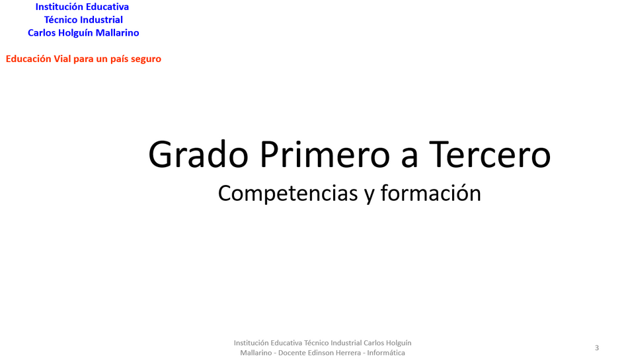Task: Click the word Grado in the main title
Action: pyautogui.click(x=198, y=155)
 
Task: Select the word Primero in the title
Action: pyautogui.click(x=325, y=154)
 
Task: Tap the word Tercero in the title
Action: pyautogui.click(x=490, y=154)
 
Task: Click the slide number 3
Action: pyautogui.click(x=597, y=347)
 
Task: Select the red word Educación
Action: pyautogui.click(x=28, y=59)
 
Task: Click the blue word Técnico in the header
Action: pyautogui.click(x=60, y=20)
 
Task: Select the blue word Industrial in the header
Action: pyautogui.click(x=101, y=20)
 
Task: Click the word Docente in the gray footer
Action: pyautogui.click(x=291, y=353)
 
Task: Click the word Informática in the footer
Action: pyautogui.click(x=386, y=353)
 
